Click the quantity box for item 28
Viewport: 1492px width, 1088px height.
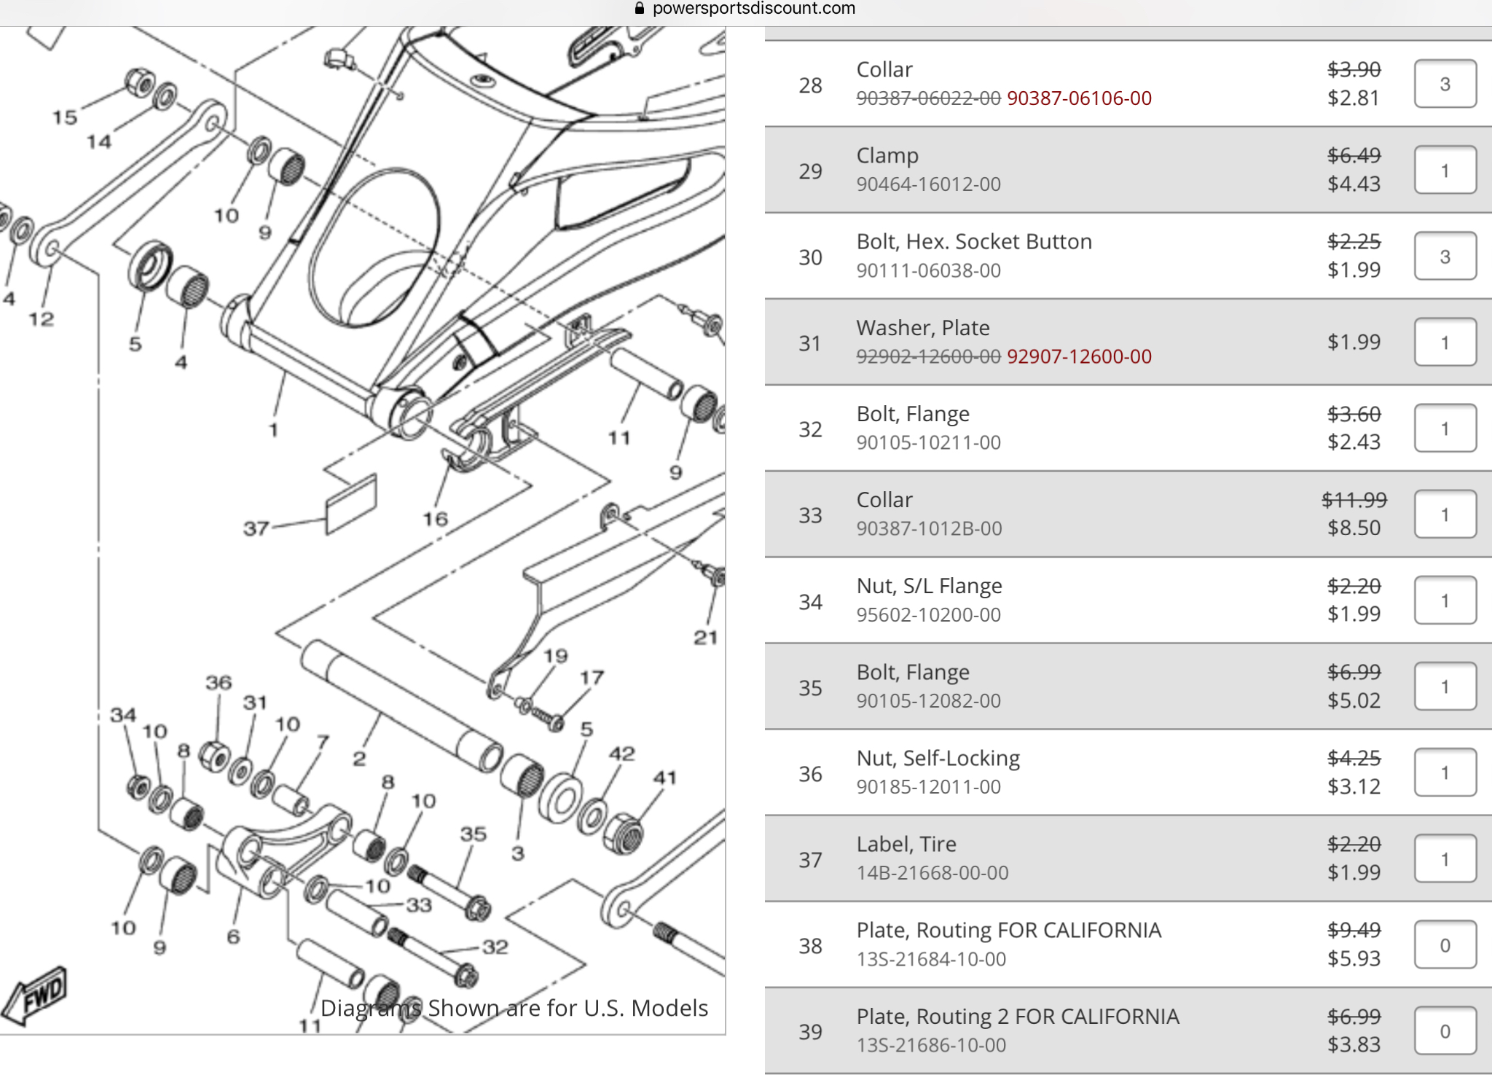click(1445, 84)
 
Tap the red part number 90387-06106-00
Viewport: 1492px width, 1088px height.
click(1079, 98)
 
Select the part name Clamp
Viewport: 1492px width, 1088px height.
click(887, 156)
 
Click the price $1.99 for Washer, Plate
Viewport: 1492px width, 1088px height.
click(1354, 342)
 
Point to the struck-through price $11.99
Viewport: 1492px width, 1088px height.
click(1354, 500)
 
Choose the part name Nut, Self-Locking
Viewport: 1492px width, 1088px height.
click(938, 759)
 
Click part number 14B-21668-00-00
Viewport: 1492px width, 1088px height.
click(932, 873)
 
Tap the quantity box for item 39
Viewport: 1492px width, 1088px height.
click(1445, 1031)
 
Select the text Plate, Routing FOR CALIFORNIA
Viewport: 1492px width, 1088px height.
click(1009, 931)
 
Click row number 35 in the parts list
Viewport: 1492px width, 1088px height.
click(810, 688)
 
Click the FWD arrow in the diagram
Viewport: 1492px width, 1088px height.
click(35, 995)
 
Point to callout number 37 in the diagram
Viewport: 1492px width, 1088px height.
click(256, 528)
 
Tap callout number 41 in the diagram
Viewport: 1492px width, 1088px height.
click(664, 778)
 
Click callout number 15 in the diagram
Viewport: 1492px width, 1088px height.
click(65, 117)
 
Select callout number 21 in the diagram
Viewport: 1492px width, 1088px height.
click(705, 638)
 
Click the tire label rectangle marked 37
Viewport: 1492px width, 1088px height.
click(351, 504)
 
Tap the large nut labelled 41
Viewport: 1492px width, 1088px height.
click(623, 834)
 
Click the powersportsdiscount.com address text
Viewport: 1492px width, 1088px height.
click(754, 9)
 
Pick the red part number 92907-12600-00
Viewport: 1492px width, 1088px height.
click(1079, 357)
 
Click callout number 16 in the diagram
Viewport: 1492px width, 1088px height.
click(436, 519)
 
